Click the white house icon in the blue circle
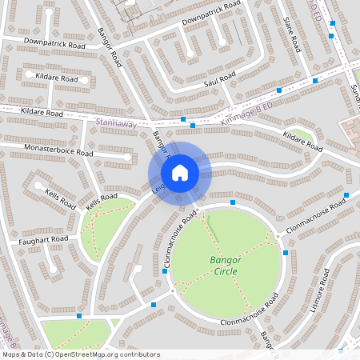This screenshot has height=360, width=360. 180,173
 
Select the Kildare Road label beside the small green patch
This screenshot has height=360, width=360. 302,144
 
